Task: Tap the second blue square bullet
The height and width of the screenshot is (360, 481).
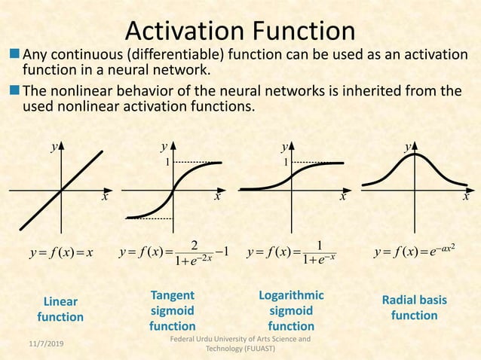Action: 15,91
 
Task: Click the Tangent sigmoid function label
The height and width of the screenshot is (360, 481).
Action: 172,310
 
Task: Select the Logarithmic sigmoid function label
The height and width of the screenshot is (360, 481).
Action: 291,310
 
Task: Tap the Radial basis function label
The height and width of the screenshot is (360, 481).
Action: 414,307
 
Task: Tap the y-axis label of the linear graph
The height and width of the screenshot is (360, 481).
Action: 54,147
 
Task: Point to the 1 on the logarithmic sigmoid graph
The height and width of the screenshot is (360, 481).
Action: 285,162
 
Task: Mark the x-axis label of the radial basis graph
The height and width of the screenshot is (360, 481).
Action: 465,196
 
